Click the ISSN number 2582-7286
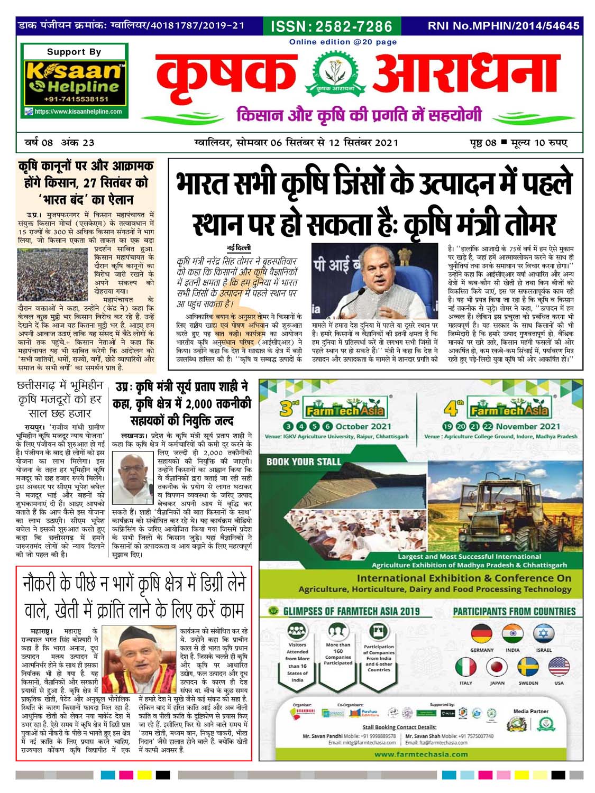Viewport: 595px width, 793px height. (332, 26)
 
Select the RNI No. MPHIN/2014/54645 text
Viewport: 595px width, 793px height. (503, 25)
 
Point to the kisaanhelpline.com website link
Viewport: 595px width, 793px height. (78, 112)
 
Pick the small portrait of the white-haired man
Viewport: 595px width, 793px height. (134, 478)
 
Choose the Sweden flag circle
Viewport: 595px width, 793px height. (528, 667)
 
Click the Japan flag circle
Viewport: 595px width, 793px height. (497, 667)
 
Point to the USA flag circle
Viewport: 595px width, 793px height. (559, 667)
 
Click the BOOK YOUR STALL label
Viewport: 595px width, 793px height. (304, 462)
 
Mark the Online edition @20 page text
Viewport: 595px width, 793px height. (343, 42)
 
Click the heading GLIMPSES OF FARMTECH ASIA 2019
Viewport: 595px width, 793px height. (351, 612)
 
